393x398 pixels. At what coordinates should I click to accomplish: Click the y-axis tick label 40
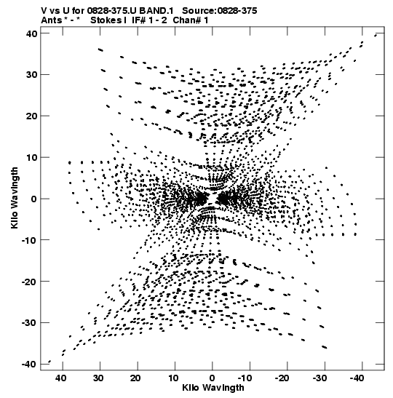click(31, 33)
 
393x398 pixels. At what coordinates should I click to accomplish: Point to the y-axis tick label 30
click(31, 75)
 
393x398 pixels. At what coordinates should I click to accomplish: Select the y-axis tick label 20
click(31, 116)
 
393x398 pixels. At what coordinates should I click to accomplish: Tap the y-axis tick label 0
click(34, 199)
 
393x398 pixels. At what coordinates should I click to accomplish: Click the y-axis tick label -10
click(30, 240)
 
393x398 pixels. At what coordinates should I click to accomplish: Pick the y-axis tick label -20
click(30, 282)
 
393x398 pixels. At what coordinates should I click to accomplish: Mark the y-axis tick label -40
click(30, 365)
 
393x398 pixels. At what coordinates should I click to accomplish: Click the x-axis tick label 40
click(61, 378)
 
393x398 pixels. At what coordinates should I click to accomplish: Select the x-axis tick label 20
click(136, 378)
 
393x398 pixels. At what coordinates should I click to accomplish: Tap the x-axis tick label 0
click(213, 378)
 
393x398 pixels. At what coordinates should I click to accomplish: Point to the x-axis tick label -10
click(246, 378)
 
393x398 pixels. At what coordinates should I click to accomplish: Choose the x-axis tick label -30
click(320, 378)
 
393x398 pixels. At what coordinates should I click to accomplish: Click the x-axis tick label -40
click(357, 378)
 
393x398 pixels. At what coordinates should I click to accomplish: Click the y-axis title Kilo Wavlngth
click(15, 198)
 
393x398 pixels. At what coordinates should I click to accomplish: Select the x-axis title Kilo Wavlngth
click(213, 388)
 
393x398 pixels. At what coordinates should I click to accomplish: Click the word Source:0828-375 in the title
click(220, 11)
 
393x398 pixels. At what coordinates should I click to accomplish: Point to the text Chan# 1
click(191, 20)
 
